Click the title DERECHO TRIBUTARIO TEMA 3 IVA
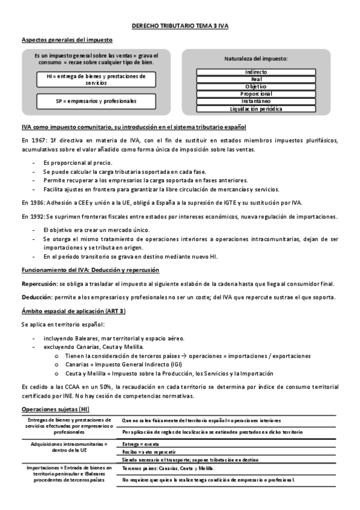click(180, 27)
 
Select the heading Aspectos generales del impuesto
click(67, 40)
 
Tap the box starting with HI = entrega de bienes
click(96, 79)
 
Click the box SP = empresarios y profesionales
click(96, 102)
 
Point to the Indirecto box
click(256, 72)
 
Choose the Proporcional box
click(256, 94)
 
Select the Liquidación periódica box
click(256, 109)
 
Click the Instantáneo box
click(256, 102)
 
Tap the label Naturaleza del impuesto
click(256, 59)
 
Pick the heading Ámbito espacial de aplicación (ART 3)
click(73, 310)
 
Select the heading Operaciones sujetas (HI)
click(55, 409)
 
